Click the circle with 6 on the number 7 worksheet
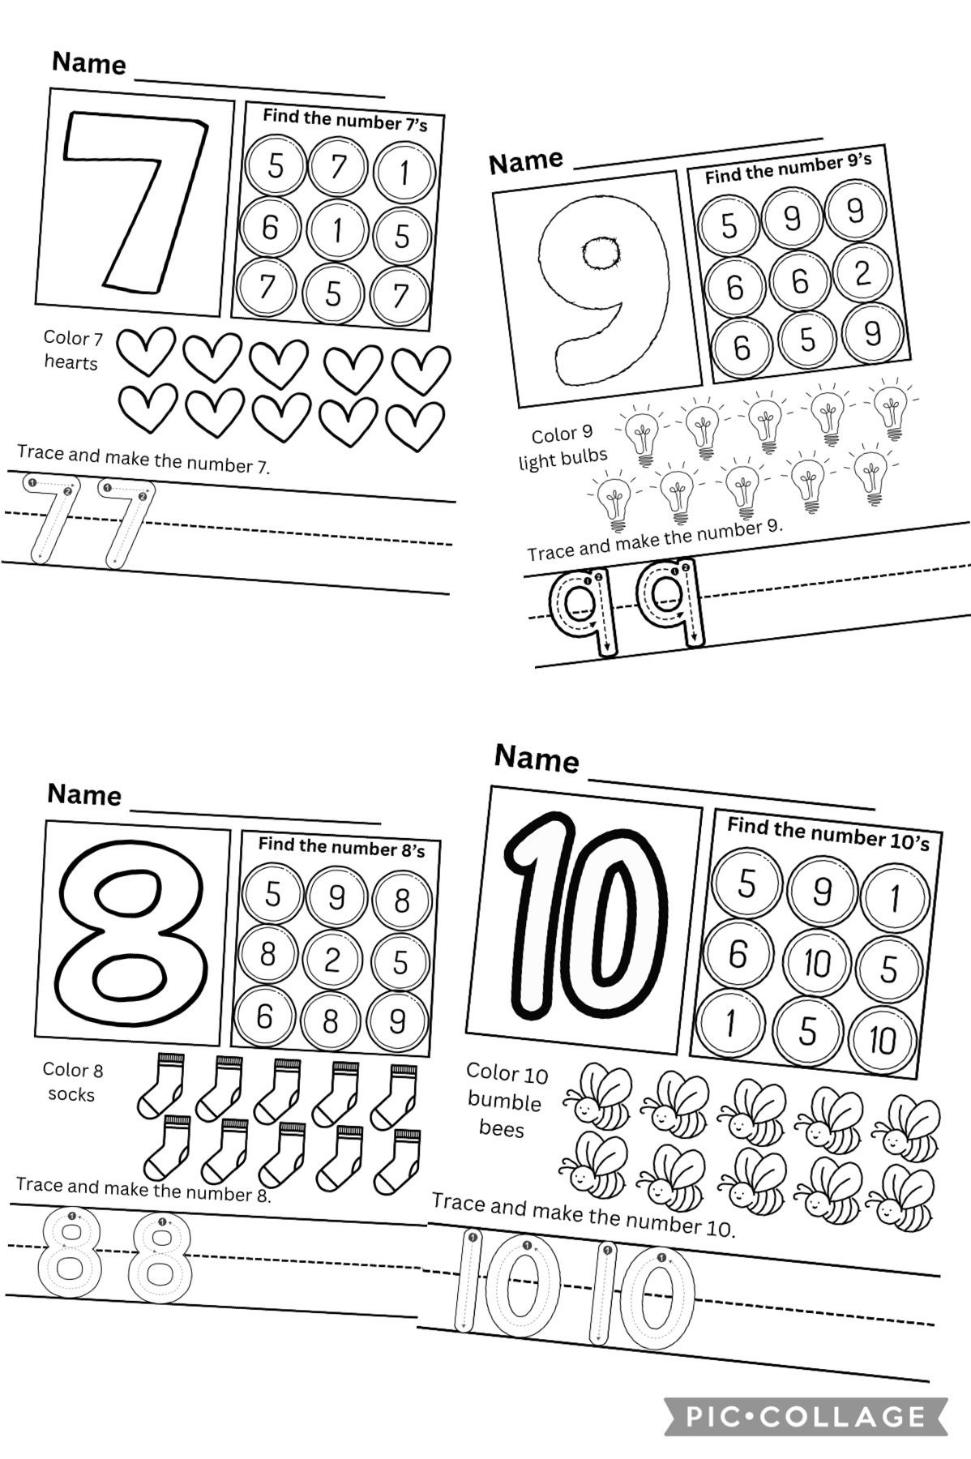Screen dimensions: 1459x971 tap(270, 228)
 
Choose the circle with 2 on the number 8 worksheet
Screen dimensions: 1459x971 tap(332, 961)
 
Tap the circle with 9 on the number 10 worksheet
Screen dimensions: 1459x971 tap(821, 892)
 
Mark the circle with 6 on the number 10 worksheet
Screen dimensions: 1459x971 tap(737, 954)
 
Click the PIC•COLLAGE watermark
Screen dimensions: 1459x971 tap(806, 1415)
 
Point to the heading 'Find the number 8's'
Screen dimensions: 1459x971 tap(341, 846)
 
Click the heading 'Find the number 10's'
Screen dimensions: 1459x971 tap(828, 833)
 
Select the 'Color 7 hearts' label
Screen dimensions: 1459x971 tap(71, 349)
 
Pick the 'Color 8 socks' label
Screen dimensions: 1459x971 tap(72, 1081)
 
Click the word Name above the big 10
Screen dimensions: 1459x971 tap(537, 759)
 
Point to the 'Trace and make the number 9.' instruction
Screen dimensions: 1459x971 tap(655, 540)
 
